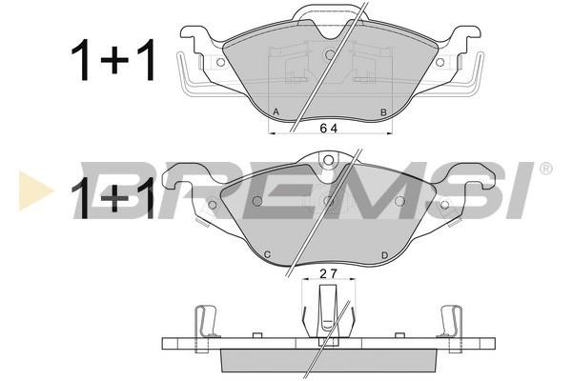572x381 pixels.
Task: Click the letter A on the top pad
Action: pos(276,112)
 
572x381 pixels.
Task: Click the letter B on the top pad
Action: pos(383,112)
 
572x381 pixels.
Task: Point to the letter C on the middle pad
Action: pos(267,254)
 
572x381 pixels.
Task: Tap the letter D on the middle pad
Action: pos(384,255)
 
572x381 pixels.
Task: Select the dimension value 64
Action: pos(329,128)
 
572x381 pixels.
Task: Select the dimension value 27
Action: pos(329,273)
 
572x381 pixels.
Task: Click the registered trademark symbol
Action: pos(545,169)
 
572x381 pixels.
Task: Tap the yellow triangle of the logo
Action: pos(34,190)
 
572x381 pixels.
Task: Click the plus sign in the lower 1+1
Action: pos(115,198)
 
